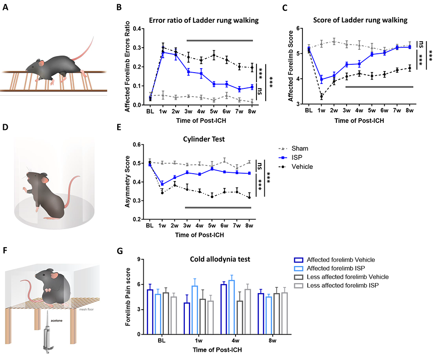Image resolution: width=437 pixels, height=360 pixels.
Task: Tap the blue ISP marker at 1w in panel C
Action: (321, 80)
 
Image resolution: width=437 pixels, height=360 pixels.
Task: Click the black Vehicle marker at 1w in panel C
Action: (321, 96)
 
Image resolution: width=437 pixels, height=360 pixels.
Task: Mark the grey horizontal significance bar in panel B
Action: (220, 41)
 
